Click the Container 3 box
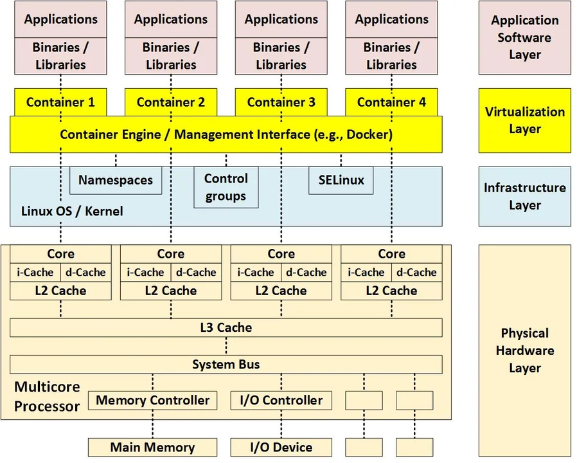coord(281,102)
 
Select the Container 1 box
coord(60,102)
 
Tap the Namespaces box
coord(116,180)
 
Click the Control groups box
coord(226,187)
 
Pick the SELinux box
coord(341,180)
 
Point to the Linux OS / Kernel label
coord(72,211)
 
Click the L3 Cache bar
coord(226,327)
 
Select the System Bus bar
coord(226,365)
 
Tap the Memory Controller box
coord(152,400)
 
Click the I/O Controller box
coord(281,400)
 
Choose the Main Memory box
coord(152,448)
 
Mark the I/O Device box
coord(281,448)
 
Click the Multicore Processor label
coord(48,397)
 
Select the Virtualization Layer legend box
coord(524,120)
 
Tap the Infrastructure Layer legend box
coord(524,196)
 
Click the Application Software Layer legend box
coord(524,37)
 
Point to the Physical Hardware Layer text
coord(524,350)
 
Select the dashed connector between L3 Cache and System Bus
coord(226,346)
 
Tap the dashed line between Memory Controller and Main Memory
coord(152,424)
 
